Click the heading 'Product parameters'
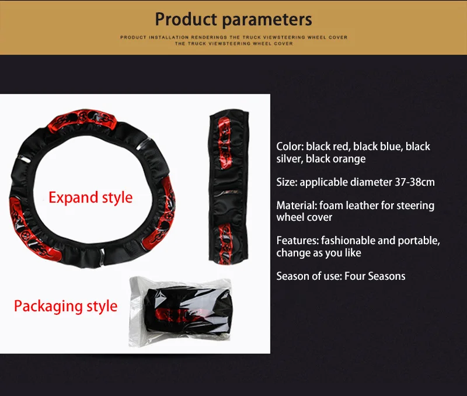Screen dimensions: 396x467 tap(233, 19)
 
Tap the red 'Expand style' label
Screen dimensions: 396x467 tap(90, 197)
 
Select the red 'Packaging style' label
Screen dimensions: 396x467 tap(65, 306)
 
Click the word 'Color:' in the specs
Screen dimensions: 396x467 tap(290, 146)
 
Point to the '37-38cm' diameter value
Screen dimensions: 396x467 tap(415, 182)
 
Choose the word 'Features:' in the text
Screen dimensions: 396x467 tap(297, 241)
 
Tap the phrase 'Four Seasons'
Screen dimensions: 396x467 tap(375, 276)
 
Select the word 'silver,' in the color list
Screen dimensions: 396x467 tap(290, 159)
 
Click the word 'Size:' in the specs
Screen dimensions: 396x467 tap(287, 182)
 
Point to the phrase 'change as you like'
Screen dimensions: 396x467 tap(319, 253)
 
